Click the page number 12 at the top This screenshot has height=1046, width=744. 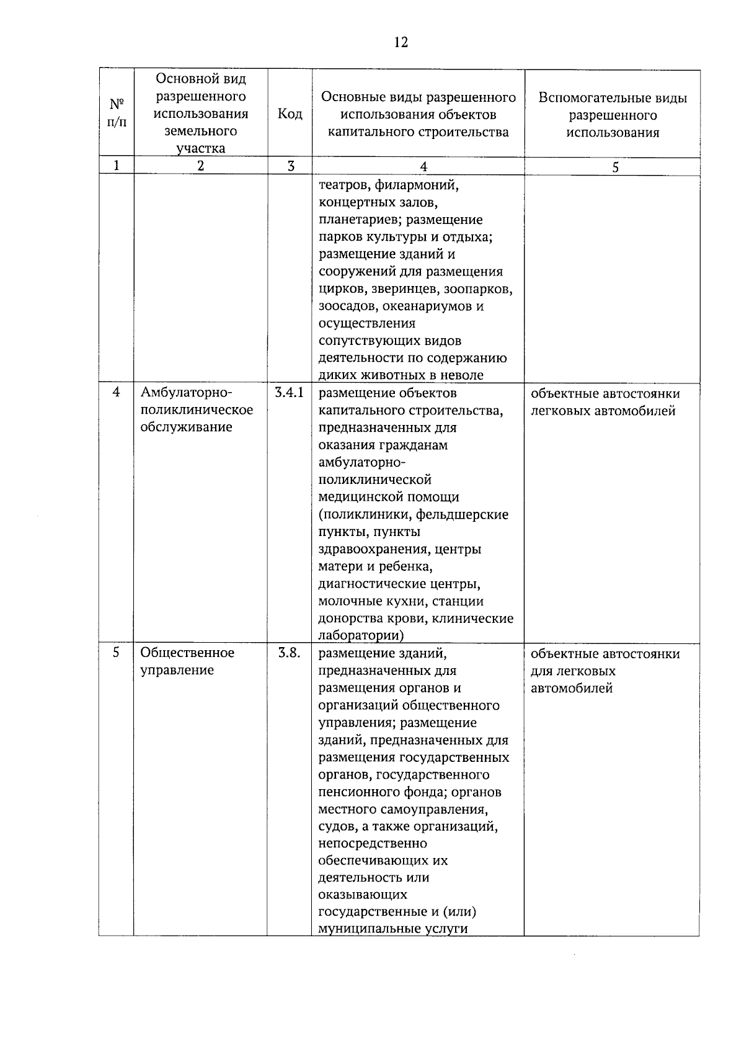[x=401, y=42]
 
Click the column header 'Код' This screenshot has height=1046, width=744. [x=290, y=114]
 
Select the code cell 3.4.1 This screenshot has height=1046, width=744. [x=289, y=393]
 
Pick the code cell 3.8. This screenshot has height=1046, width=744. [x=288, y=653]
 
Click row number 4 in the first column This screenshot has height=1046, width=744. [x=116, y=393]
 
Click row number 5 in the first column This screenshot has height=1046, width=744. [x=116, y=653]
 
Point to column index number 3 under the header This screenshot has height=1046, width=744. [x=290, y=166]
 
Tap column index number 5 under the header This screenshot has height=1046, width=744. [x=615, y=167]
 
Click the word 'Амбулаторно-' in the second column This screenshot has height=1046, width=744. [x=185, y=393]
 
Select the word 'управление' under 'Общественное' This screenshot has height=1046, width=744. [x=177, y=670]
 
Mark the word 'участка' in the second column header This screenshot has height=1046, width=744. [x=200, y=148]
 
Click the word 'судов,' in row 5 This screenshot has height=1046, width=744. [x=337, y=826]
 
